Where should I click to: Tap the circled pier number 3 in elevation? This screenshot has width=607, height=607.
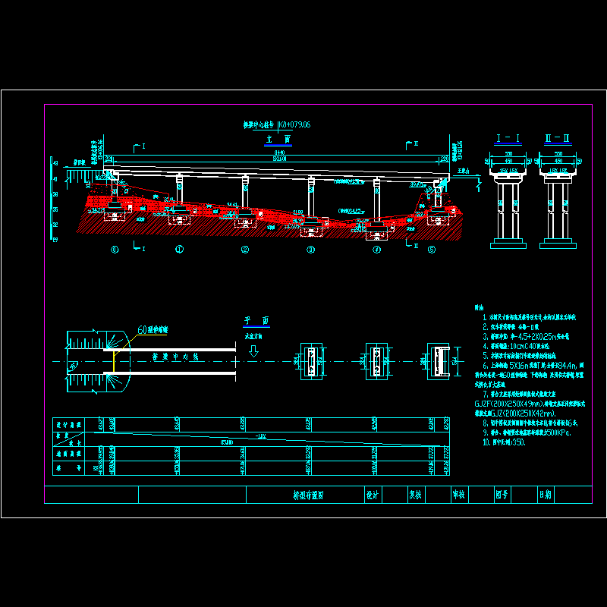[310, 249]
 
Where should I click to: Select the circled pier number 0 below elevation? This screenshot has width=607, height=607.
[115, 249]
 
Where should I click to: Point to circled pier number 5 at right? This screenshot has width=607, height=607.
[432, 249]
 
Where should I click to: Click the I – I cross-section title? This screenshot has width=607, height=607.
[508, 138]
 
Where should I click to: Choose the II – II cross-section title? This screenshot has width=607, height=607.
[558, 138]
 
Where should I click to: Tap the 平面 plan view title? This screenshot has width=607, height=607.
[250, 321]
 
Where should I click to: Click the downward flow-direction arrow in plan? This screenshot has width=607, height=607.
[254, 351]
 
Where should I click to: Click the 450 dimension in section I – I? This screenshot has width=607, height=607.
[508, 161]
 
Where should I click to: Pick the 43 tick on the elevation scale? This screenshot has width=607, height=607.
[55, 162]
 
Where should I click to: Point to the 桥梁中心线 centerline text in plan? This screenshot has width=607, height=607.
[176, 356]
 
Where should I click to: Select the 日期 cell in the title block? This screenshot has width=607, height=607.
[545, 495]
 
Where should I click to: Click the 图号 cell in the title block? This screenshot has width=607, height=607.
[502, 495]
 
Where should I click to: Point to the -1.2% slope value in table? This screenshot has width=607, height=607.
[262, 436]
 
